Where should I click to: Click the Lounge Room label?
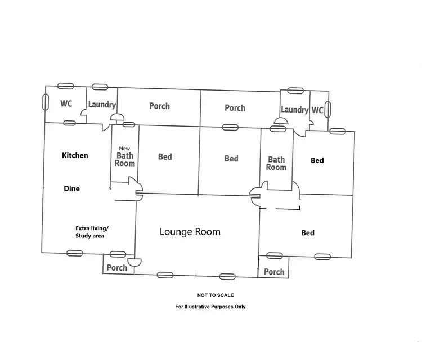pos(190,231)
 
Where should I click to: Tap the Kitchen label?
pos(75,155)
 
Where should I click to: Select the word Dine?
pos(71,189)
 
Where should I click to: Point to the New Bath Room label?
pos(125,156)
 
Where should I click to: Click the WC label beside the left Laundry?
pos(66,104)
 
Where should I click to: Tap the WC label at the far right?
pos(317,110)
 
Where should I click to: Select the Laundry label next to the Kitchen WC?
pos(102,105)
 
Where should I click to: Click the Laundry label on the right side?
pos(295,110)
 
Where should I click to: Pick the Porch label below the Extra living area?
pos(117,268)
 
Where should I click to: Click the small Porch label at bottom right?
pos(274,272)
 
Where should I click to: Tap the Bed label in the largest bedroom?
pos(308,233)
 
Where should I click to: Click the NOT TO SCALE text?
pos(216,295)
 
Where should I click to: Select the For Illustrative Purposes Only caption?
pos(210,307)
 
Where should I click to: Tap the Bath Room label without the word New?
pos(276,164)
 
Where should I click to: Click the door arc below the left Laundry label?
pos(117,118)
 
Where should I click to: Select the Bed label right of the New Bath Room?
pos(165,157)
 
